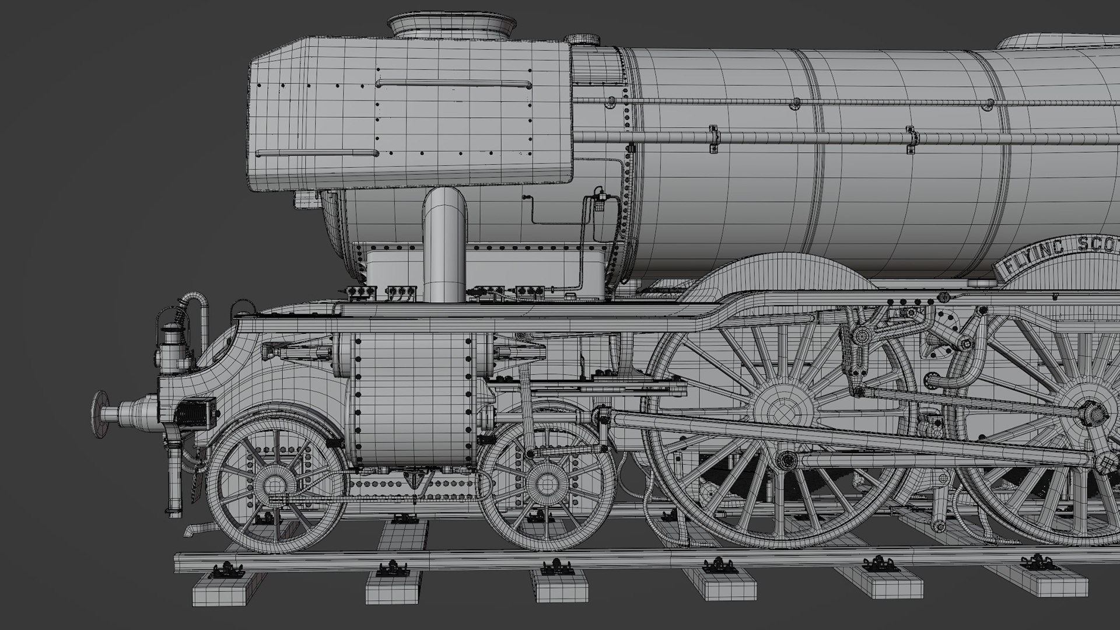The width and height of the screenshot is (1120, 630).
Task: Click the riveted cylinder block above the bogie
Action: click(x=411, y=402)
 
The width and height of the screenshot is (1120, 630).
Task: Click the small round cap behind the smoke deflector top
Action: click(x=584, y=39)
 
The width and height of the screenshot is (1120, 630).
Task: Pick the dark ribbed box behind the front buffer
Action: click(x=195, y=411)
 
